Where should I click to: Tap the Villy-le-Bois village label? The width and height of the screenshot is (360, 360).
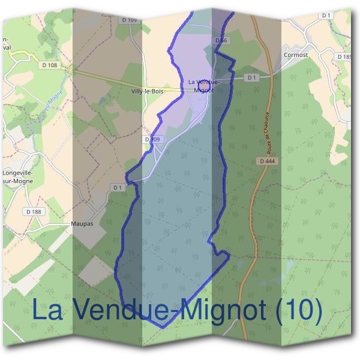(x=146, y=92)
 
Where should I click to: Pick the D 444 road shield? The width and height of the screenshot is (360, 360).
(x=267, y=161)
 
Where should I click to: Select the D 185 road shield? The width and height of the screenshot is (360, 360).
(x=344, y=56)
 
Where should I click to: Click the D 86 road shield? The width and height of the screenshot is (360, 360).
(x=221, y=40)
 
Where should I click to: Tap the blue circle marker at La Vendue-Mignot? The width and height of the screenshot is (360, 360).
(x=203, y=84)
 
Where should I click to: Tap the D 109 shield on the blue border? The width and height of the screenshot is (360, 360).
(x=153, y=139)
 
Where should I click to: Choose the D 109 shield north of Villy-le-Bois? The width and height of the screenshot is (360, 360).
(x=129, y=20)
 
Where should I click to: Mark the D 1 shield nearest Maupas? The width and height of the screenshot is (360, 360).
(x=118, y=187)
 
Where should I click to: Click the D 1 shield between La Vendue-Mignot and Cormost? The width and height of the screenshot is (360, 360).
(x=251, y=77)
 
